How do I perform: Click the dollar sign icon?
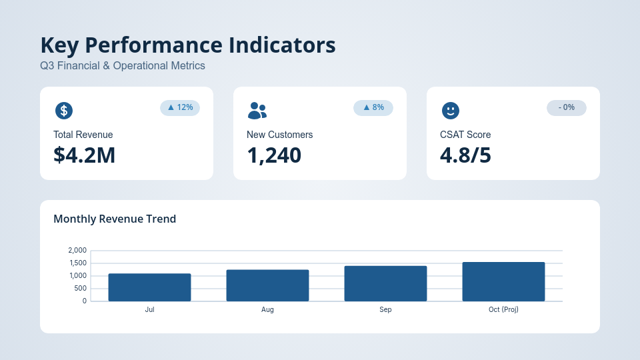point(64,111)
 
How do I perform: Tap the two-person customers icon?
point(257,111)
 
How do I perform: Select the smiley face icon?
point(451,111)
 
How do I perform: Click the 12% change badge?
point(180,107)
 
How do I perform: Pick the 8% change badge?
point(373,107)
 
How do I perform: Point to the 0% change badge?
point(567,107)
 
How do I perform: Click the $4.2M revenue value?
point(85,155)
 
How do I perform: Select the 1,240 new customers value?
point(274,155)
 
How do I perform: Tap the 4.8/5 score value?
point(465,155)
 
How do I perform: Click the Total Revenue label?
point(83,135)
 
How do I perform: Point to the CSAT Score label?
point(465,135)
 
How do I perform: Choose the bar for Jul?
point(149,287)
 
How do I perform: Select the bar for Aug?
point(267,285)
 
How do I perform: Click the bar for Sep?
point(385,283)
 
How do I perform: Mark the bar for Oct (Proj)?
point(503,281)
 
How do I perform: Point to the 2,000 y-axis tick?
point(77,251)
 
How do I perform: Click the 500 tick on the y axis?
point(80,289)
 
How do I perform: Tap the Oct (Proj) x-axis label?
point(503,310)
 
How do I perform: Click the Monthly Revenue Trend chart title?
point(115,219)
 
